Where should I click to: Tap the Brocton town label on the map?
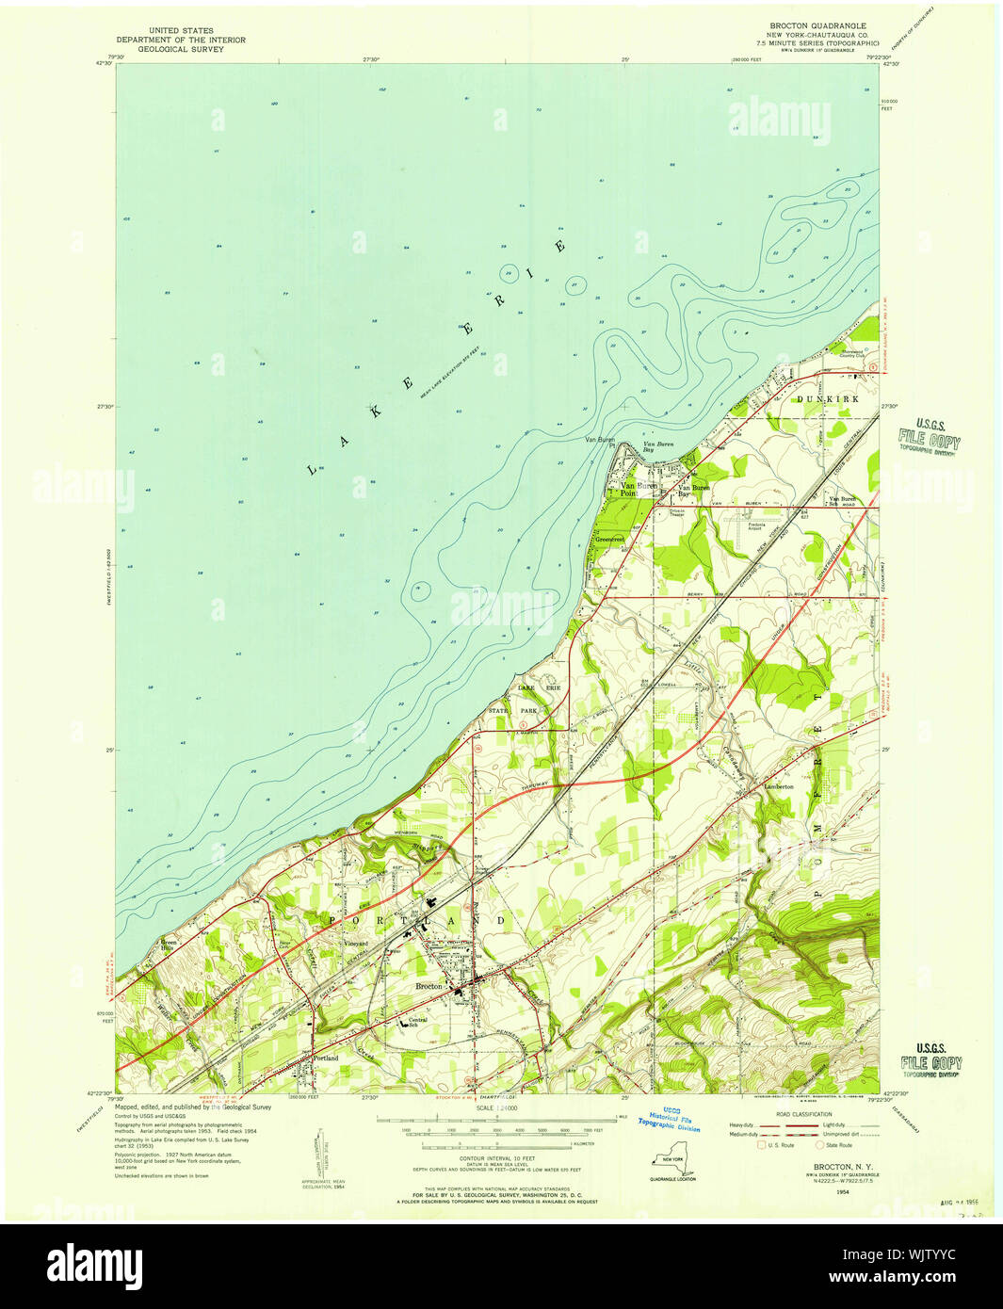pos(429,986)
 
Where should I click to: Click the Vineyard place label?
pos(355,943)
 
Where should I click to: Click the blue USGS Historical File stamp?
pos(669,1119)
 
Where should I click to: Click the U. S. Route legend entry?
pos(780,1145)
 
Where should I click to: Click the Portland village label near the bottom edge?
pos(325,1059)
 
